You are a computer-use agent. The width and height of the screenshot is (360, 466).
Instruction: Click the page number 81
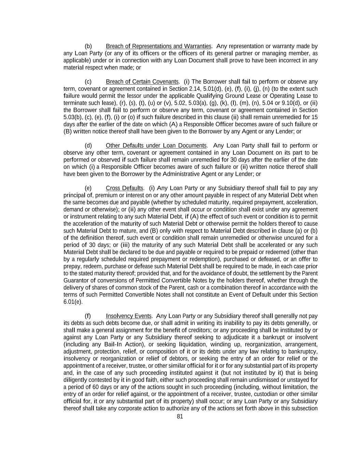tap(180, 416)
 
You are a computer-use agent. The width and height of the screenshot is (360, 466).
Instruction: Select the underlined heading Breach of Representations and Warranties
tap(158, 46)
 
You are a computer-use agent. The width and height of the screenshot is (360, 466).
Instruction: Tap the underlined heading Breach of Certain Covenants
tap(142, 82)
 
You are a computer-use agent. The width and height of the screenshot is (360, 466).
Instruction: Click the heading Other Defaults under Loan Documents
tap(156, 145)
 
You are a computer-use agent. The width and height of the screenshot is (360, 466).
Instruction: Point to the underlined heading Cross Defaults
tap(124, 188)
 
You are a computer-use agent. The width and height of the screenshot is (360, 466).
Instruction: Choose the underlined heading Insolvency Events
tap(128, 316)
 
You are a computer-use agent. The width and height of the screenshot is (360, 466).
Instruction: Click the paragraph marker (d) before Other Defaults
tap(88, 145)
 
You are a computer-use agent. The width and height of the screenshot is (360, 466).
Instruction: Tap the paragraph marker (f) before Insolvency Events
tap(88, 316)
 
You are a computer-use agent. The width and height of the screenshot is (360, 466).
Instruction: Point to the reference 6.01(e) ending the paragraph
tap(73, 302)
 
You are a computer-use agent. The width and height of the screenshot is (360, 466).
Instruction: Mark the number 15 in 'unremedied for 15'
tap(314, 117)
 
